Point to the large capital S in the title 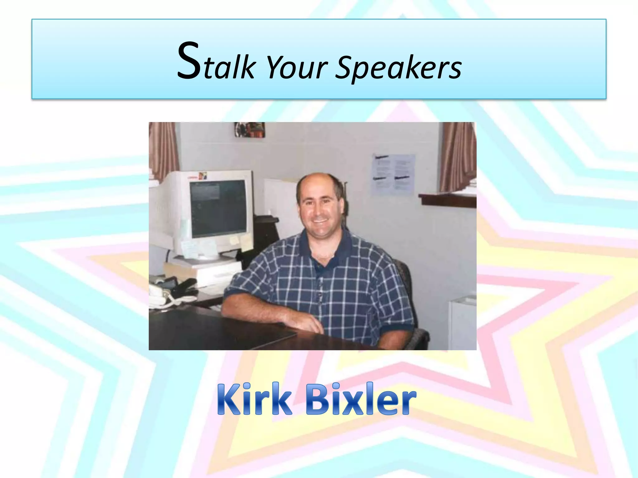(189, 61)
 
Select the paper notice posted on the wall (393, 174)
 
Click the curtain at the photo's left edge (163, 149)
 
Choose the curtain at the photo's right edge (457, 156)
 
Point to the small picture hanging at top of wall (250, 129)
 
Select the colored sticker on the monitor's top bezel (202, 176)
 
